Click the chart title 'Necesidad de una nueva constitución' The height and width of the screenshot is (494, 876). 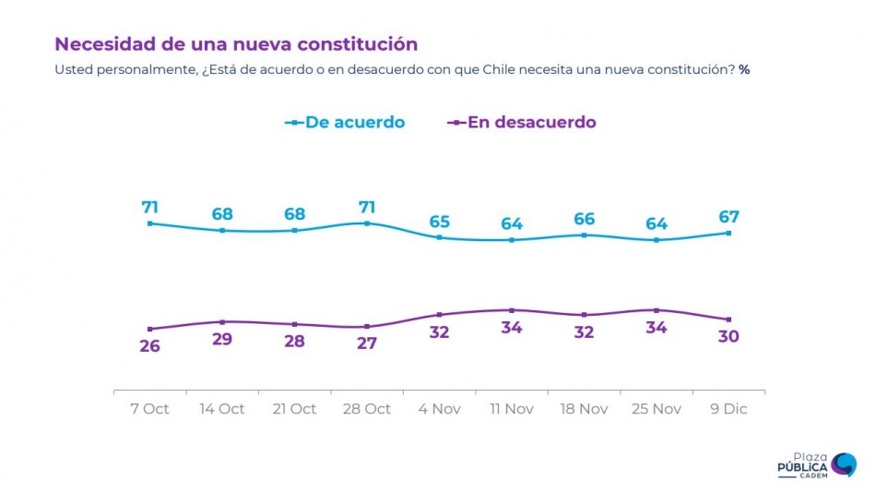pyautogui.click(x=236, y=43)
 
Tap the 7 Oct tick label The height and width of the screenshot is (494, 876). pyautogui.click(x=149, y=409)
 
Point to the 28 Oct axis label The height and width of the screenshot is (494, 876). pyautogui.click(x=367, y=409)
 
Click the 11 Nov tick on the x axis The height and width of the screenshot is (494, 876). pyautogui.click(x=512, y=409)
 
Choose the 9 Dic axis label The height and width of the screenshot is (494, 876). pyautogui.click(x=729, y=409)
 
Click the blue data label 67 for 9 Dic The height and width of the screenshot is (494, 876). pyautogui.click(x=729, y=217)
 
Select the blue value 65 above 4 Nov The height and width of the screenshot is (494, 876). pyautogui.click(x=439, y=222)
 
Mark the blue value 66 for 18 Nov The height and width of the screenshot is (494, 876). pyautogui.click(x=584, y=219)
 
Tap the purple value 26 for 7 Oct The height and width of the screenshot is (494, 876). pyautogui.click(x=149, y=346)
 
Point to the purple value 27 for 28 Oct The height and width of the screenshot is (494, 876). pyautogui.click(x=367, y=344)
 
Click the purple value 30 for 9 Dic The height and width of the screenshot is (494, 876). pyautogui.click(x=729, y=337)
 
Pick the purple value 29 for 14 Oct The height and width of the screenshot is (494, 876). pyautogui.click(x=222, y=339)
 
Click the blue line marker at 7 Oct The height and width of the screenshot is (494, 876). pyautogui.click(x=149, y=223)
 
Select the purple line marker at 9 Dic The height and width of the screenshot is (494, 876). pyautogui.click(x=729, y=319)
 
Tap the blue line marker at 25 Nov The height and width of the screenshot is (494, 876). pyautogui.click(x=657, y=240)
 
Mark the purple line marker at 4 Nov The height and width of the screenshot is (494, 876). pyautogui.click(x=439, y=315)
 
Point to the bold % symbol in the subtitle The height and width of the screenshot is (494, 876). pyautogui.click(x=743, y=70)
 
